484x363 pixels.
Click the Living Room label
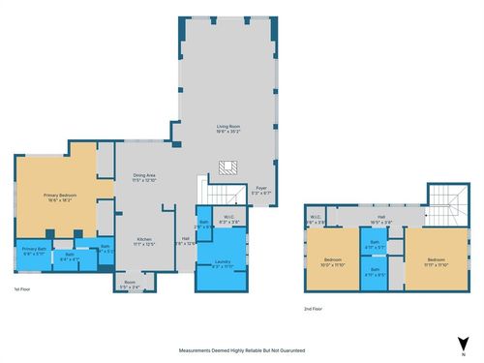228,128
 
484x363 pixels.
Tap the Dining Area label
145,177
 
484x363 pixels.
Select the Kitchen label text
143,241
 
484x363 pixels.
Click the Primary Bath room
34,253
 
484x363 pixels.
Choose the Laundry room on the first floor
223,263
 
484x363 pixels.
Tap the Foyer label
260,190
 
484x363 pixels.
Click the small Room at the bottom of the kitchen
131,286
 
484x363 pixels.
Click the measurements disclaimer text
242,349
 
